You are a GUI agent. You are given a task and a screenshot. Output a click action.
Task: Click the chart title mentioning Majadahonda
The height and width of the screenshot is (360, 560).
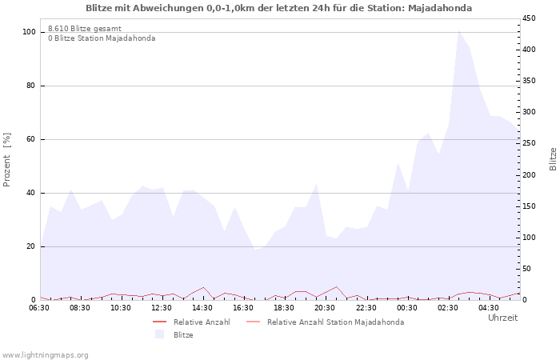278,8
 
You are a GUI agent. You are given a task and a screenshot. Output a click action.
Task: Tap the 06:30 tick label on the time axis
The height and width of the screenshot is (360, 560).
39,307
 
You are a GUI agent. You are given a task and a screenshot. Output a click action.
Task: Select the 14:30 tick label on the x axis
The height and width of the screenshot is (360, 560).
202,307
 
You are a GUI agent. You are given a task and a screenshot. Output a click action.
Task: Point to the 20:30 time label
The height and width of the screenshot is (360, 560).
325,307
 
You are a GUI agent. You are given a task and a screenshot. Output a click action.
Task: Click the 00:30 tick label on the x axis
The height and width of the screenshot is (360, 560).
406,307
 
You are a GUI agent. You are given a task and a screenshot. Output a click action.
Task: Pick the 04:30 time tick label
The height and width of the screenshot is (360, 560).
488,307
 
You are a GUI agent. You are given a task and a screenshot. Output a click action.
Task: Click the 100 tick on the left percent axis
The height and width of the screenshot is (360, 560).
29,32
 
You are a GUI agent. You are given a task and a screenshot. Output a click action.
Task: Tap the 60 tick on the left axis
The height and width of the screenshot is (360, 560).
31,139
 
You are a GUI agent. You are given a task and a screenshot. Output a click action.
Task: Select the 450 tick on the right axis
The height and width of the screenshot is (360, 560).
529,18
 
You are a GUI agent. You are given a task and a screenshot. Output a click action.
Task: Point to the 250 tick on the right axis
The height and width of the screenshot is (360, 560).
529,143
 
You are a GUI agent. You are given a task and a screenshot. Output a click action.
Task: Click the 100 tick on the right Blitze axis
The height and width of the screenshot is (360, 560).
529,238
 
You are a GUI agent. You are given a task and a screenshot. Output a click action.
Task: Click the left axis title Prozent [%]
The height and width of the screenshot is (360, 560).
7,160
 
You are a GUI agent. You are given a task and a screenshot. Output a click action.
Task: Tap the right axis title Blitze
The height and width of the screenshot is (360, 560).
553,158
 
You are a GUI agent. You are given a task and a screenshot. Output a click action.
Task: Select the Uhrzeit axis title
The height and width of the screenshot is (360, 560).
502,318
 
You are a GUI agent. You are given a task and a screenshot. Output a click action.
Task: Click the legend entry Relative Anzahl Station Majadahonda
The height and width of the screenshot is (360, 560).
335,322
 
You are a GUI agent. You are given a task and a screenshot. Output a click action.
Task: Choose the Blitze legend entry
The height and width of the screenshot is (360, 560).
183,335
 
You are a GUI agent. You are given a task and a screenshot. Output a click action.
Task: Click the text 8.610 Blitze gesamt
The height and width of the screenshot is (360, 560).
85,29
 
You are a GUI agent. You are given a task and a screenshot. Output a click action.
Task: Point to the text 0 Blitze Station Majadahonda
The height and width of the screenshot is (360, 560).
102,38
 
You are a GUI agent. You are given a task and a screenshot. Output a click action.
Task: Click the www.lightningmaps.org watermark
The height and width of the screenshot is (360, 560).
45,354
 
